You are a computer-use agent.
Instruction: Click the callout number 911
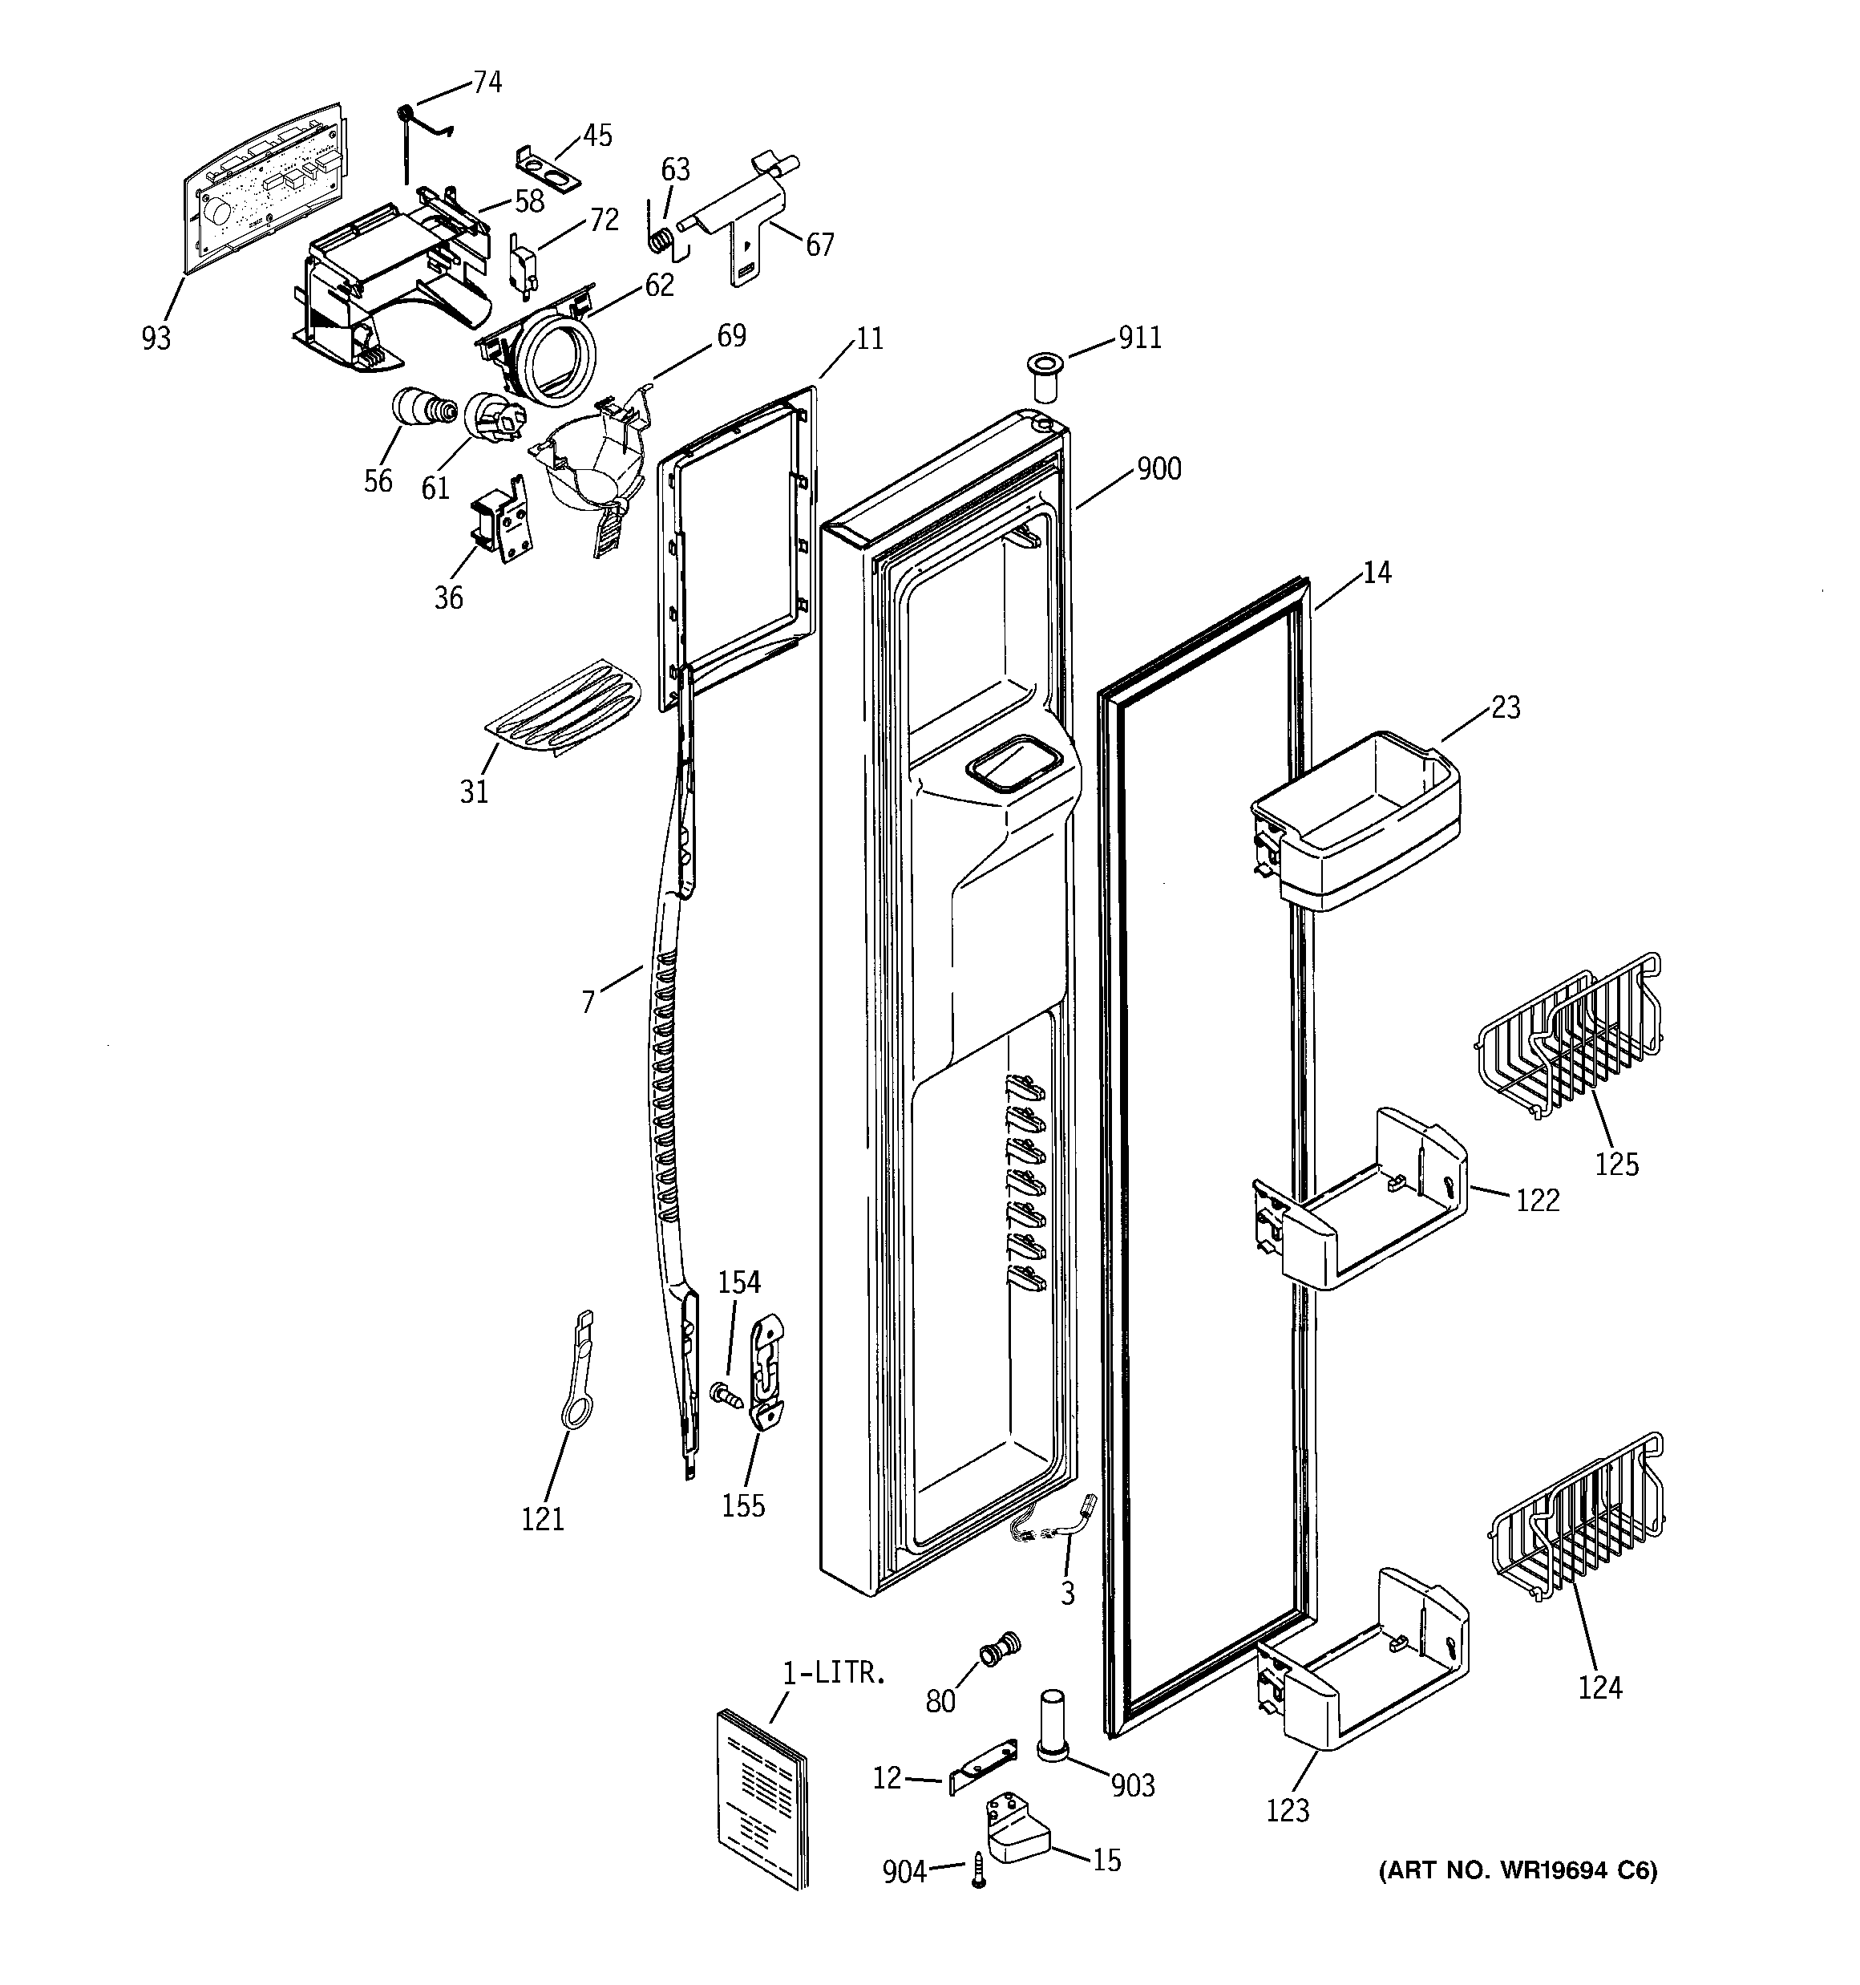pos(1139,338)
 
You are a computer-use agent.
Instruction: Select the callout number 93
pos(156,338)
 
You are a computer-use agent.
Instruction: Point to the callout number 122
pos(1537,1199)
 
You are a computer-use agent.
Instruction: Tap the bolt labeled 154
pos(724,1394)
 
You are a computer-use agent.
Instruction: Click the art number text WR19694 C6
pos(1517,1870)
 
